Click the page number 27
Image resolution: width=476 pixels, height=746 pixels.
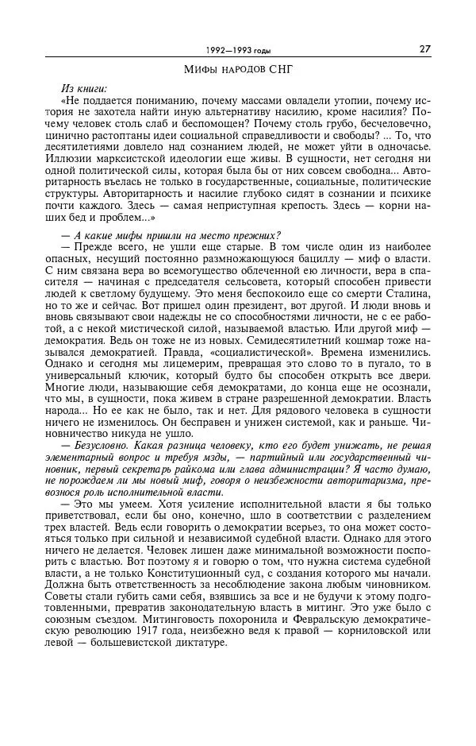point(425,48)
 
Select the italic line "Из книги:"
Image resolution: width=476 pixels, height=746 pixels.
point(83,89)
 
